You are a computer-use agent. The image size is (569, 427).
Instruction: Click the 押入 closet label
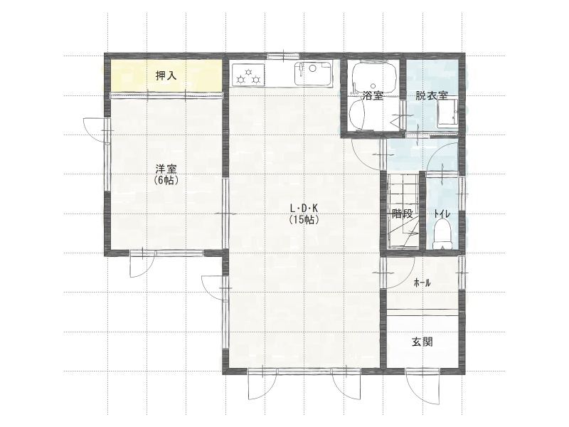click(x=166, y=76)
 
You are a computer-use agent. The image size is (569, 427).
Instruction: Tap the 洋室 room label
click(x=166, y=169)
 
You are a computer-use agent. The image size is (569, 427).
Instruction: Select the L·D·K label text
click(x=304, y=209)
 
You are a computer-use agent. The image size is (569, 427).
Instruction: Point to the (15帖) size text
click(x=304, y=220)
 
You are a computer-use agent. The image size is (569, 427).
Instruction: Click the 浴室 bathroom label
click(x=373, y=96)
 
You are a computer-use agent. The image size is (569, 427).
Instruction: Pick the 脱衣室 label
click(x=432, y=96)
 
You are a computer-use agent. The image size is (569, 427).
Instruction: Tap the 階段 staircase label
click(x=403, y=214)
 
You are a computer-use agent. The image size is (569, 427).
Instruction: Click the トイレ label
click(x=442, y=214)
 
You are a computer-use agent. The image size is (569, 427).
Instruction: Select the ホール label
click(x=422, y=283)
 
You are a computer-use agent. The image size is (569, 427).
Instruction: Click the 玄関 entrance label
click(x=422, y=342)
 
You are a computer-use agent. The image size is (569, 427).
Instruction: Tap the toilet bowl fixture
click(x=442, y=234)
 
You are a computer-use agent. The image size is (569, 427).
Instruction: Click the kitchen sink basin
click(x=313, y=74)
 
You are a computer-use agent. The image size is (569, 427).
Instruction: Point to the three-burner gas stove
click(x=248, y=75)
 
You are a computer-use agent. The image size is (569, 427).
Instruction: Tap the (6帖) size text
click(x=166, y=180)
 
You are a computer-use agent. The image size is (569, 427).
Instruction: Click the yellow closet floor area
click(x=166, y=75)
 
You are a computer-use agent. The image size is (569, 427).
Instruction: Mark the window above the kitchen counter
click(x=283, y=56)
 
